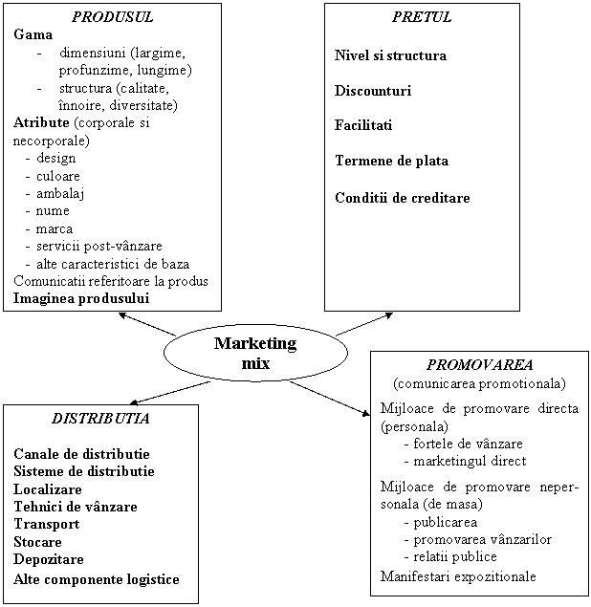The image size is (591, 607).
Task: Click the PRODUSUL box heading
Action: pos(112,17)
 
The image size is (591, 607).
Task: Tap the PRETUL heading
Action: pos(422,17)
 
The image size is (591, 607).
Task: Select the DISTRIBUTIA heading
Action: pos(100,419)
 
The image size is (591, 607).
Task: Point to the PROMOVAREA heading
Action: pos(480,364)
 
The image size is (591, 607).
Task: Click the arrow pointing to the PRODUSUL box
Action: pos(147,324)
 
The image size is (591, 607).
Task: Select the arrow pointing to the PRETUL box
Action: pos(364,324)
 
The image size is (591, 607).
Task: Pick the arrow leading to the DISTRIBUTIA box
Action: pos(170,393)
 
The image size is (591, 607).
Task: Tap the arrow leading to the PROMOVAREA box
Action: pos(330,399)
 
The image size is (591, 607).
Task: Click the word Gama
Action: pos(33,34)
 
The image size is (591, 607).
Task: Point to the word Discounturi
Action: pos(373,91)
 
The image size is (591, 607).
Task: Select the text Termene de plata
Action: pos(391,161)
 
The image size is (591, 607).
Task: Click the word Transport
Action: pos(47,524)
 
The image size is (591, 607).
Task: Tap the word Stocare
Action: pos(37,542)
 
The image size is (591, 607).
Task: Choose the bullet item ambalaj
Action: pos(60,193)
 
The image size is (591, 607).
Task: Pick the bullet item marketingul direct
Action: pos(470,461)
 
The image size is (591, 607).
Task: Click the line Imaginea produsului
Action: pos(81,298)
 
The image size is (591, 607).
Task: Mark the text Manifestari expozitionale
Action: pos(458,576)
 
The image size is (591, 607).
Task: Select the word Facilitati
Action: pos(363,125)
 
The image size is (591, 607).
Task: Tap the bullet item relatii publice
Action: pos(455,556)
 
